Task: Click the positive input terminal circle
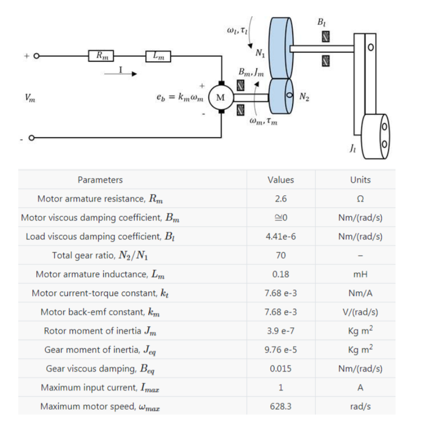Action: coord(36,56)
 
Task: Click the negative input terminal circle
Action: coord(32,138)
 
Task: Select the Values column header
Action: coord(281,180)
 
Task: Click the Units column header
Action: coord(360,180)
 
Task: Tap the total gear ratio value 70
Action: coord(281,255)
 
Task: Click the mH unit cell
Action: coord(360,274)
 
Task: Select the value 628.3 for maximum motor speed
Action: coord(281,406)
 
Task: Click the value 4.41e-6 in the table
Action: coord(281,236)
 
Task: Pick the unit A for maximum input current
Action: coord(360,388)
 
